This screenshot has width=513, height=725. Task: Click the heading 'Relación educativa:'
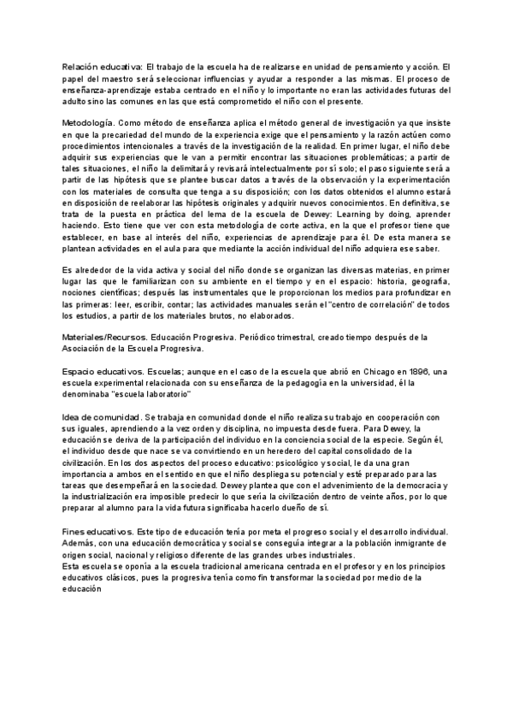[x=101, y=68]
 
